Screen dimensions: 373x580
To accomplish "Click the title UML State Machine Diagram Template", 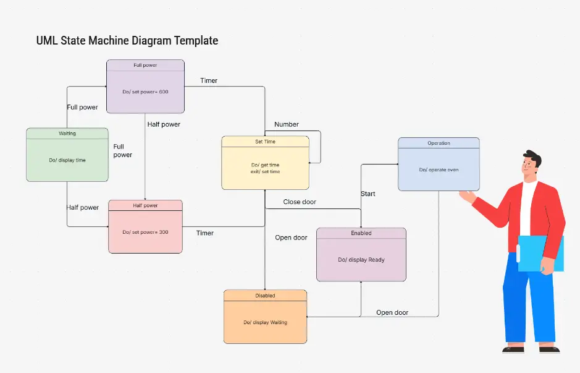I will (x=127, y=41).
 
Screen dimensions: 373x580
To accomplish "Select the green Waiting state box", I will (x=67, y=155).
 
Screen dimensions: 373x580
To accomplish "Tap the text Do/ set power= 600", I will (x=145, y=92).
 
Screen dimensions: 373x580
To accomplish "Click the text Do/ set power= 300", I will (x=145, y=232).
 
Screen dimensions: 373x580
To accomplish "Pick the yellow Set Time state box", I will (x=265, y=163).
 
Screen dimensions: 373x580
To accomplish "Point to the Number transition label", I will (x=287, y=124).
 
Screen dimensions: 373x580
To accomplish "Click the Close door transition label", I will (x=300, y=202).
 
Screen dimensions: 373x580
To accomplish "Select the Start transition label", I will (x=368, y=194).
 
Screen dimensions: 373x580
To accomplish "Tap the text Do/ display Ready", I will (x=361, y=260).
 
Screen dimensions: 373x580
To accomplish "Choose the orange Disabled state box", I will (x=265, y=316).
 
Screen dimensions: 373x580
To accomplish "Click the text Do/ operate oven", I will (x=439, y=169).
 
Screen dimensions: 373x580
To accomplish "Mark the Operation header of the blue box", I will (x=439, y=143).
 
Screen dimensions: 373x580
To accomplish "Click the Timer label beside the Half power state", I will (x=204, y=233).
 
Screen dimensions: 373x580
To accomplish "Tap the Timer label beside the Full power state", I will (x=209, y=81).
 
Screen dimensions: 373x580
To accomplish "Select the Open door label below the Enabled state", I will (x=392, y=312).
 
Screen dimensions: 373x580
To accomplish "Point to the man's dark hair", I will (x=532, y=158).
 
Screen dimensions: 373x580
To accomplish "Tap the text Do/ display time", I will (x=67, y=160).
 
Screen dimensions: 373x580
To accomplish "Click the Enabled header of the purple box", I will (x=361, y=233).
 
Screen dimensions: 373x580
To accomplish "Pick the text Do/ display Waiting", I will (x=265, y=322).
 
